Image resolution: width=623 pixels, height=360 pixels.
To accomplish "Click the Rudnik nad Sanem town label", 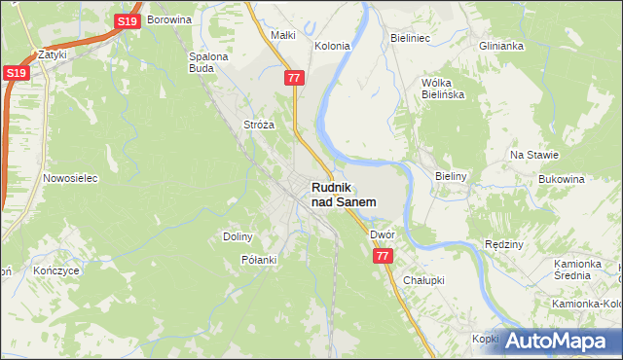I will [344, 194].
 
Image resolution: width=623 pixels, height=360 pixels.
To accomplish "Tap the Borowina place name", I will [168, 18].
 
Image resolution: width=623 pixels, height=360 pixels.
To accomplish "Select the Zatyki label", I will [52, 55].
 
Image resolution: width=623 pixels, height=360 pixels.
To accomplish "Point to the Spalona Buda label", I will [207, 62].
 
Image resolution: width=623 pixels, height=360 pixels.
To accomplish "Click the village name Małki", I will [282, 35].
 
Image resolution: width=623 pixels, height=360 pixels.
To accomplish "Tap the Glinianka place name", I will [501, 46].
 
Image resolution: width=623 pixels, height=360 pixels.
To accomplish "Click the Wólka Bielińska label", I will [443, 89].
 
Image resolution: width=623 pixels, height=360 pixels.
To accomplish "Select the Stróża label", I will [259, 125].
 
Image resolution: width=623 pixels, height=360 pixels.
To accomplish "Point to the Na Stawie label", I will [534, 155].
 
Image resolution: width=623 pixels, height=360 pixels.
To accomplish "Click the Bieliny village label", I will [452, 176].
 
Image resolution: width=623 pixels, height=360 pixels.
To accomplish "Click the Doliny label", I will [238, 236].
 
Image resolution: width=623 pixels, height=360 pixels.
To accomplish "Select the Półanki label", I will [259, 260].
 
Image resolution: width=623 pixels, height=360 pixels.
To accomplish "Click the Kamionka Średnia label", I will [586, 270].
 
